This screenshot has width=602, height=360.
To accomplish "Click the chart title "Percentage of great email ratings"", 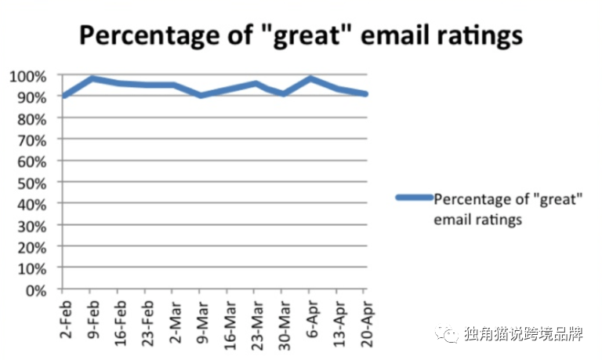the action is [301, 35].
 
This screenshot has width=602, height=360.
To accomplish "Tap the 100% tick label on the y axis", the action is [27, 77].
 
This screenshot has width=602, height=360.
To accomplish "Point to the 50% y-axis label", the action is [32, 184].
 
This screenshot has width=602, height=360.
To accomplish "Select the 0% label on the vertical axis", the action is [36, 290].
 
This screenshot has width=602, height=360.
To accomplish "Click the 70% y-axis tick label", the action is [32, 140].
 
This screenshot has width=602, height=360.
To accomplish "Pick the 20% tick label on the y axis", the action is [32, 248].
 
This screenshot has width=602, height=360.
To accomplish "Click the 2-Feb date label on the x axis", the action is [66, 320].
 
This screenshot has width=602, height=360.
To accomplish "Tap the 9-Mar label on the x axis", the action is [202, 322].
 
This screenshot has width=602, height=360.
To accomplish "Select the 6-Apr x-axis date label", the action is [313, 319].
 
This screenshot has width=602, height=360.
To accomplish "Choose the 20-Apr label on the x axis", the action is [368, 324].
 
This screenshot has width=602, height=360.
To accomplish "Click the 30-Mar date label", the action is [284, 325].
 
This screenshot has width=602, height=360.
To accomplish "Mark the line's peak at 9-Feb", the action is [92, 78].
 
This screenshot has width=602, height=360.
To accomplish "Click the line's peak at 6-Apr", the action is [310, 78].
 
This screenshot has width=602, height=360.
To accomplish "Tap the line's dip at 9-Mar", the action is [201, 95].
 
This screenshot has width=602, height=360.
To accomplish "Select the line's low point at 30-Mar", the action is [283, 93].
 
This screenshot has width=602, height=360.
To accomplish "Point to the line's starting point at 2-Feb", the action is [64, 95].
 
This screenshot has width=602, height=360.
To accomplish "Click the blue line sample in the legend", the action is [415, 198].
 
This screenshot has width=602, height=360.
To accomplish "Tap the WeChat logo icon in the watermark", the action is [447, 333].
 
